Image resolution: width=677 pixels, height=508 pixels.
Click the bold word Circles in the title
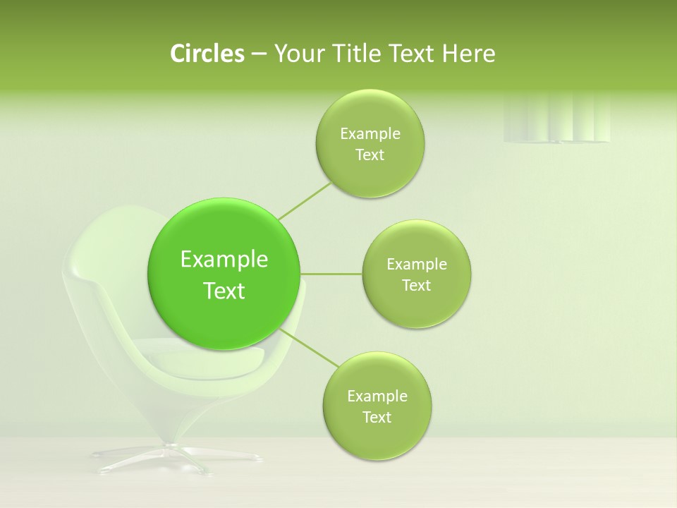(207, 53)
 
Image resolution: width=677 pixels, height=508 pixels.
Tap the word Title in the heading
(357, 53)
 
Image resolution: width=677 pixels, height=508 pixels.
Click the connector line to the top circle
(305, 200)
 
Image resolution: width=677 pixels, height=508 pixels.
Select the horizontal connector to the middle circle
(331, 274)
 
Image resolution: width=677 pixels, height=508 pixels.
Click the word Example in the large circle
(224, 260)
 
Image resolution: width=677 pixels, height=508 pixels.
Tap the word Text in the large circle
(224, 291)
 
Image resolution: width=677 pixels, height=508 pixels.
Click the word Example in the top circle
(370, 134)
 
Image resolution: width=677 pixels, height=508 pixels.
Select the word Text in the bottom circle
(377, 417)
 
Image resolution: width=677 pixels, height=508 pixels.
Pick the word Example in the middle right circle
(417, 265)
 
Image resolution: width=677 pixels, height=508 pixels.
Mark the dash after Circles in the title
(258, 54)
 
